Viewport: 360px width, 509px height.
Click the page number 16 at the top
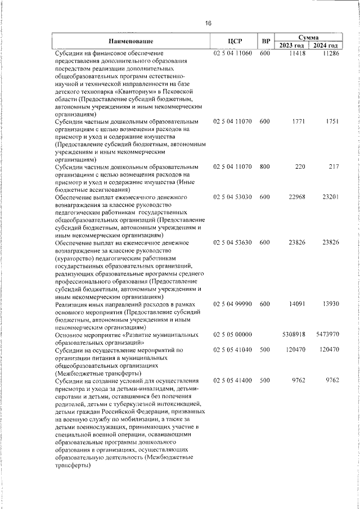click(208, 24)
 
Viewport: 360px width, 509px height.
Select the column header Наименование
click(131, 41)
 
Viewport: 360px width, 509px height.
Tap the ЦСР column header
click(235, 41)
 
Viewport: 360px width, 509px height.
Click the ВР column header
click(266, 41)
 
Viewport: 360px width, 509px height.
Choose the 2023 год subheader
click(292, 46)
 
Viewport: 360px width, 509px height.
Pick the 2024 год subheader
click(326, 46)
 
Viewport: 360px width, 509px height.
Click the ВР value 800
click(265, 167)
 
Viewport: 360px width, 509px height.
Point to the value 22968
click(294, 197)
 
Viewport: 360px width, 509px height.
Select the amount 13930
click(330, 304)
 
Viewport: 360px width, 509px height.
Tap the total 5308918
click(292, 334)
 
